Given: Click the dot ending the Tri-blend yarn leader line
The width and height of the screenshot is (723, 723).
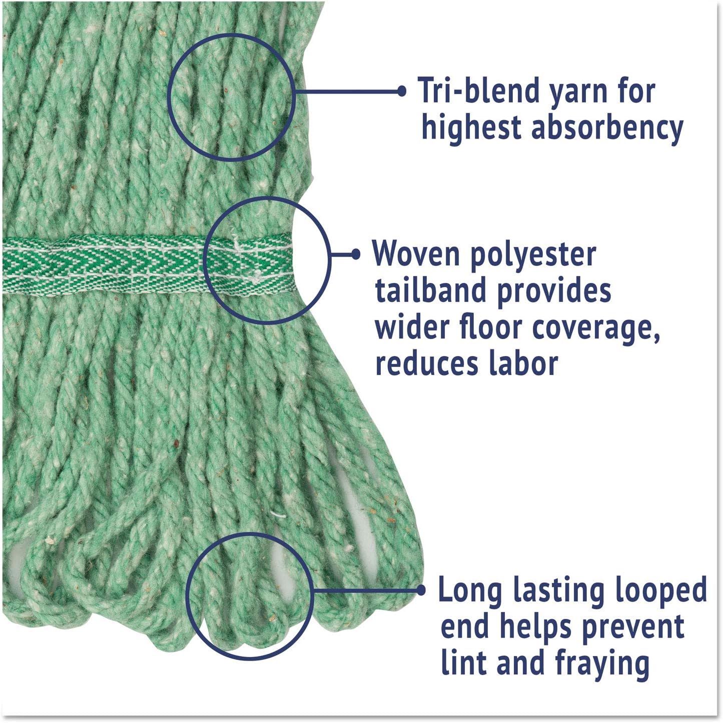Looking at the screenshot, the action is [x=402, y=91].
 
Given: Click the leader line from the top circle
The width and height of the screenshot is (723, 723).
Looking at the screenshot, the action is [x=348, y=91].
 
